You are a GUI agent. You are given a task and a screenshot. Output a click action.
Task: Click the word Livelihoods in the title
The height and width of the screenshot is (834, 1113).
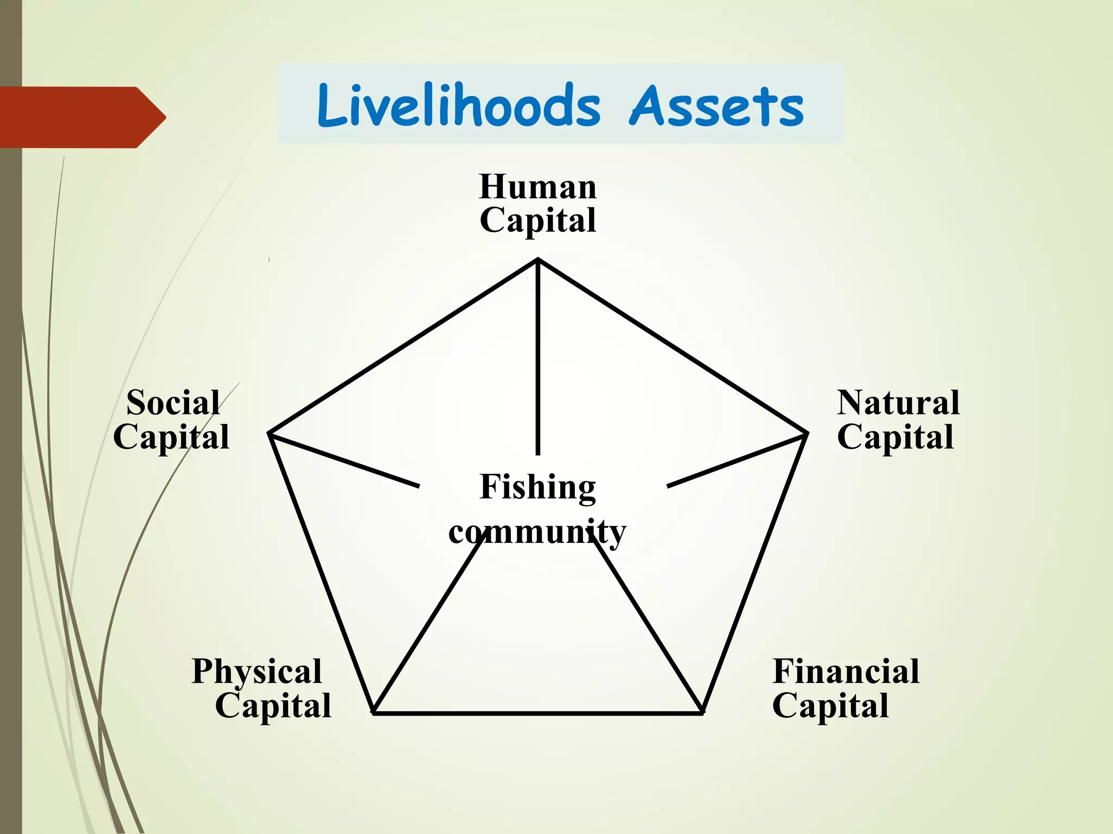pyautogui.click(x=459, y=105)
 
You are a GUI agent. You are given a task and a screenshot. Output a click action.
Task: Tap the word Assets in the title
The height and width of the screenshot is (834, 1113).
pyautogui.click(x=716, y=106)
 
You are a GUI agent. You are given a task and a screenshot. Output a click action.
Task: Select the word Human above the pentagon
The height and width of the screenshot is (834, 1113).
pyautogui.click(x=538, y=187)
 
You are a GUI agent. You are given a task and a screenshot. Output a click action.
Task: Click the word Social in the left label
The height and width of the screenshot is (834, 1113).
pyautogui.click(x=173, y=403)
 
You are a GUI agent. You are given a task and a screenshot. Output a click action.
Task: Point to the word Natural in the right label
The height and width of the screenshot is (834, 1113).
pyautogui.click(x=898, y=403)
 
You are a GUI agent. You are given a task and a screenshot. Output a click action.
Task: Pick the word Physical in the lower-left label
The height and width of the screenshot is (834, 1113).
pyautogui.click(x=257, y=671)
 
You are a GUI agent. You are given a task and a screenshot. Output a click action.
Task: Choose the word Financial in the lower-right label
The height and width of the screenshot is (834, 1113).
pyautogui.click(x=846, y=671)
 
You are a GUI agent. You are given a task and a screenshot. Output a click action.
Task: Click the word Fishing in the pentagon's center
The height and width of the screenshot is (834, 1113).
pyautogui.click(x=538, y=487)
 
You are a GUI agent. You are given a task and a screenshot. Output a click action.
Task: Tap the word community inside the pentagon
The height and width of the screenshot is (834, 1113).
pyautogui.click(x=537, y=532)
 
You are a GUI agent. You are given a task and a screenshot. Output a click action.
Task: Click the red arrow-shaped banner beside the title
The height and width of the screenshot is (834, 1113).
pyautogui.click(x=82, y=117)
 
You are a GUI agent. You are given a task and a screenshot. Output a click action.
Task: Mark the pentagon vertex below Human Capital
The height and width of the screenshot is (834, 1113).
pyautogui.click(x=538, y=261)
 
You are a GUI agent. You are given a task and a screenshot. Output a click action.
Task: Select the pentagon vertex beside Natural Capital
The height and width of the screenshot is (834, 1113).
pyautogui.click(x=806, y=434)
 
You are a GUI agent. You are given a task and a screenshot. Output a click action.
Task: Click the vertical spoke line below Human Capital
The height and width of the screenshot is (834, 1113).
pyautogui.click(x=538, y=358)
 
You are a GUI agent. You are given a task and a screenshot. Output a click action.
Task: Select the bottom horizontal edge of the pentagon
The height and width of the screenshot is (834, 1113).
pyautogui.click(x=538, y=713)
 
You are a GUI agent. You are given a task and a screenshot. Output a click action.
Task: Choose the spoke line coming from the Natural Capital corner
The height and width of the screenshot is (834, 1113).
pyautogui.click(x=736, y=460)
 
